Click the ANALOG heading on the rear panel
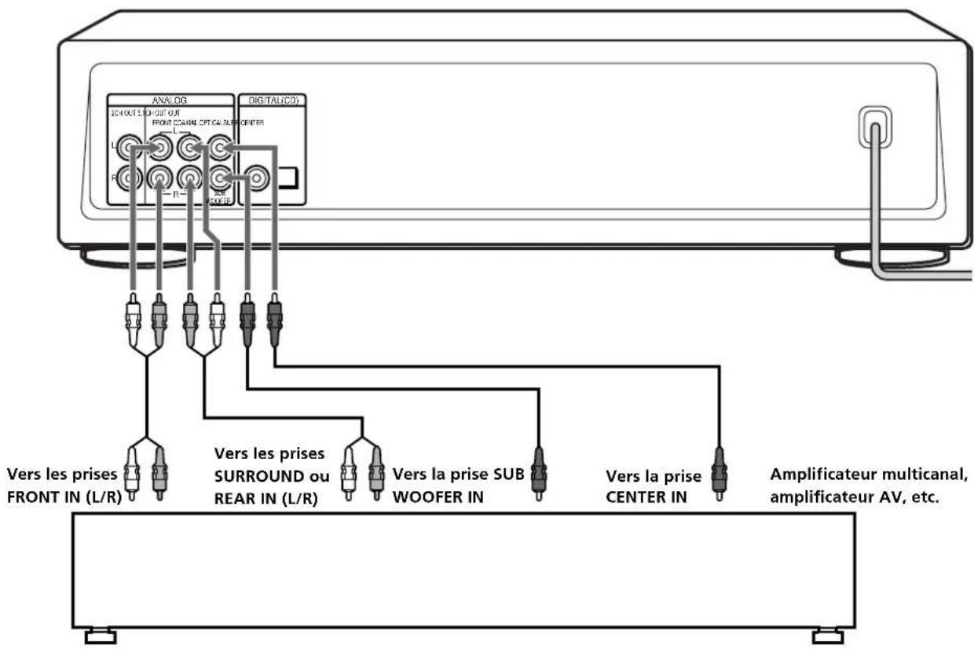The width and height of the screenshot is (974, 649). pos(170,100)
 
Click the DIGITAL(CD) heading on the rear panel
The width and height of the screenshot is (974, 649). pos(272,101)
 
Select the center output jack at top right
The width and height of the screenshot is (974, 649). pos(221,146)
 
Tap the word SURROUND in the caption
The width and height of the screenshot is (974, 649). pos(251,476)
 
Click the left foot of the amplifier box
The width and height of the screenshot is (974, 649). pos(100,635)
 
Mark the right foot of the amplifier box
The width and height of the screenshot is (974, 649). pos(827,635)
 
